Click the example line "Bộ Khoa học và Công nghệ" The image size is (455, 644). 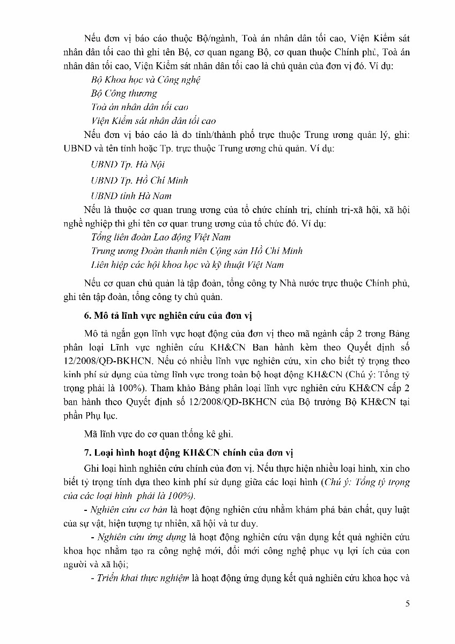pyautogui.click(x=146, y=79)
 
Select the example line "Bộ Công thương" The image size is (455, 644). pyautogui.click(x=124, y=93)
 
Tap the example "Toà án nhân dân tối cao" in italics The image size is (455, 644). pyautogui.click(x=140, y=107)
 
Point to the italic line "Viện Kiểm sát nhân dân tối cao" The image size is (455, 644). pyautogui.click(x=153, y=121)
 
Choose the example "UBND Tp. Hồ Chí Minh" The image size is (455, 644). pyautogui.click(x=140, y=180)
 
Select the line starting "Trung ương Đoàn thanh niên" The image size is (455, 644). pyautogui.click(x=197, y=251)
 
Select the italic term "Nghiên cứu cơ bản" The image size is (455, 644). pyautogui.click(x=125, y=509)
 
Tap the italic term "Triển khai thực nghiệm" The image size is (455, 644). pyautogui.click(x=141, y=578)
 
